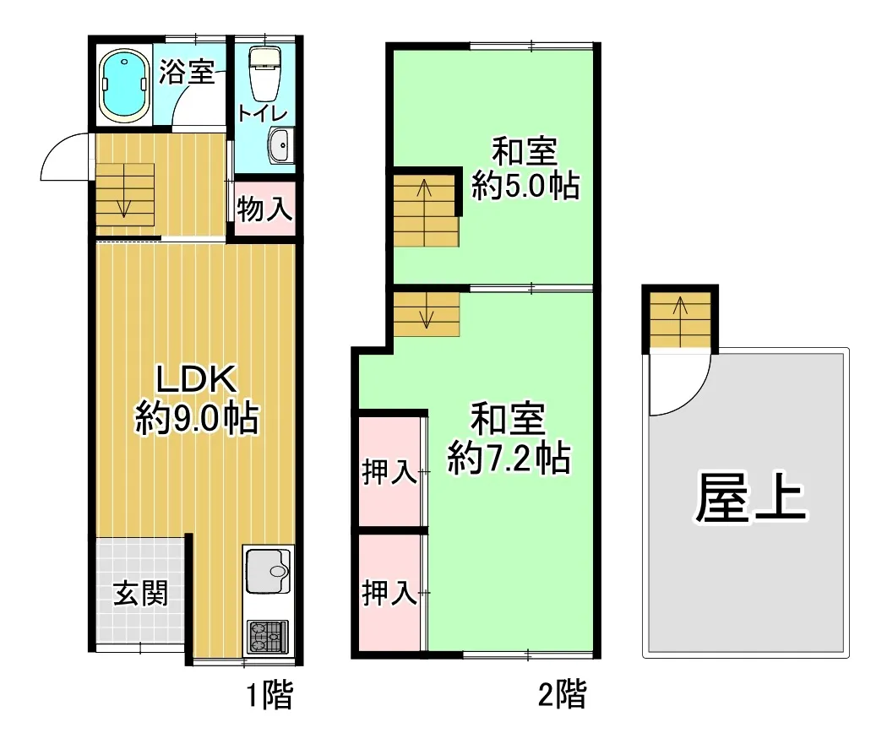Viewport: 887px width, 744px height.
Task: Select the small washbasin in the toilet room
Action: pos(280,145)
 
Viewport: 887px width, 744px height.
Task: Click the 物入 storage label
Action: pos(264,209)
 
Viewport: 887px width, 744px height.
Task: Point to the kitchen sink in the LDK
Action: pos(268,570)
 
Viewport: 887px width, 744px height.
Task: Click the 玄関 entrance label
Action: pos(141,594)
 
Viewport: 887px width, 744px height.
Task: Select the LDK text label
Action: pos(196,379)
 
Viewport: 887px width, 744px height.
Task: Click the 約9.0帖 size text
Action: pos(196,418)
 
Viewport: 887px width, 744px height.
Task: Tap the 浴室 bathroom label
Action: pos(186,72)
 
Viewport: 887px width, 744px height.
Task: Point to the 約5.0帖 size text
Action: pos(525,185)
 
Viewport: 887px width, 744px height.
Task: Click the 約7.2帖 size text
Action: pos(509,458)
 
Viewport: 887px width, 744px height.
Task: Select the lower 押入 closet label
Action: pos(389,593)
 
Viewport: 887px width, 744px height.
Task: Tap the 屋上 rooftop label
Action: pos(751,497)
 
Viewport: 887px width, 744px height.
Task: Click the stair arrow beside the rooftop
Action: pos(680,322)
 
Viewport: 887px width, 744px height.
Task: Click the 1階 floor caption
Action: pos(269,695)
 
